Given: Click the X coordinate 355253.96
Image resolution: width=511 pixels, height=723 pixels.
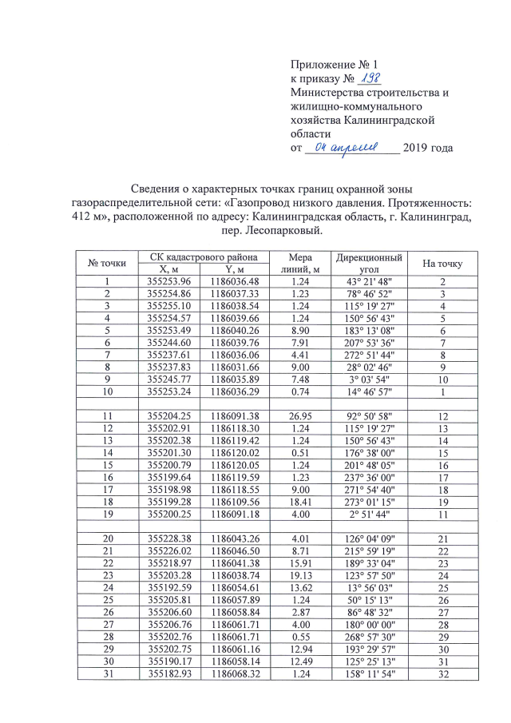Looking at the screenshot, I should [x=169, y=281].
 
